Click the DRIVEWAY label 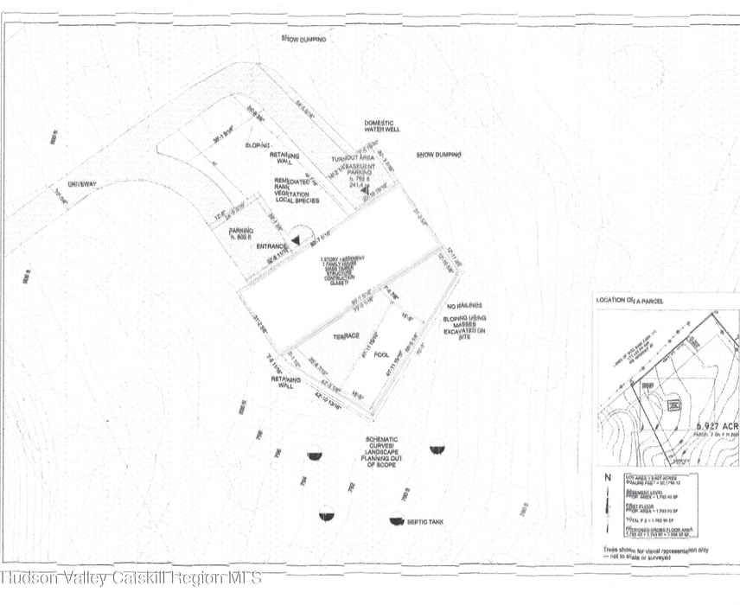tap(84, 184)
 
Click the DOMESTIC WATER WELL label tap(381, 126)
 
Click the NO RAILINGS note tap(464, 307)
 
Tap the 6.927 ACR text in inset tap(714, 427)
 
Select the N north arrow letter tap(608, 475)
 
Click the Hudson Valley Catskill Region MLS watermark tap(131, 577)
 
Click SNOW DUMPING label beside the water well tap(438, 154)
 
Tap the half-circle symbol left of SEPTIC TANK tap(397, 520)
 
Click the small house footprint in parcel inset tap(673, 405)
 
